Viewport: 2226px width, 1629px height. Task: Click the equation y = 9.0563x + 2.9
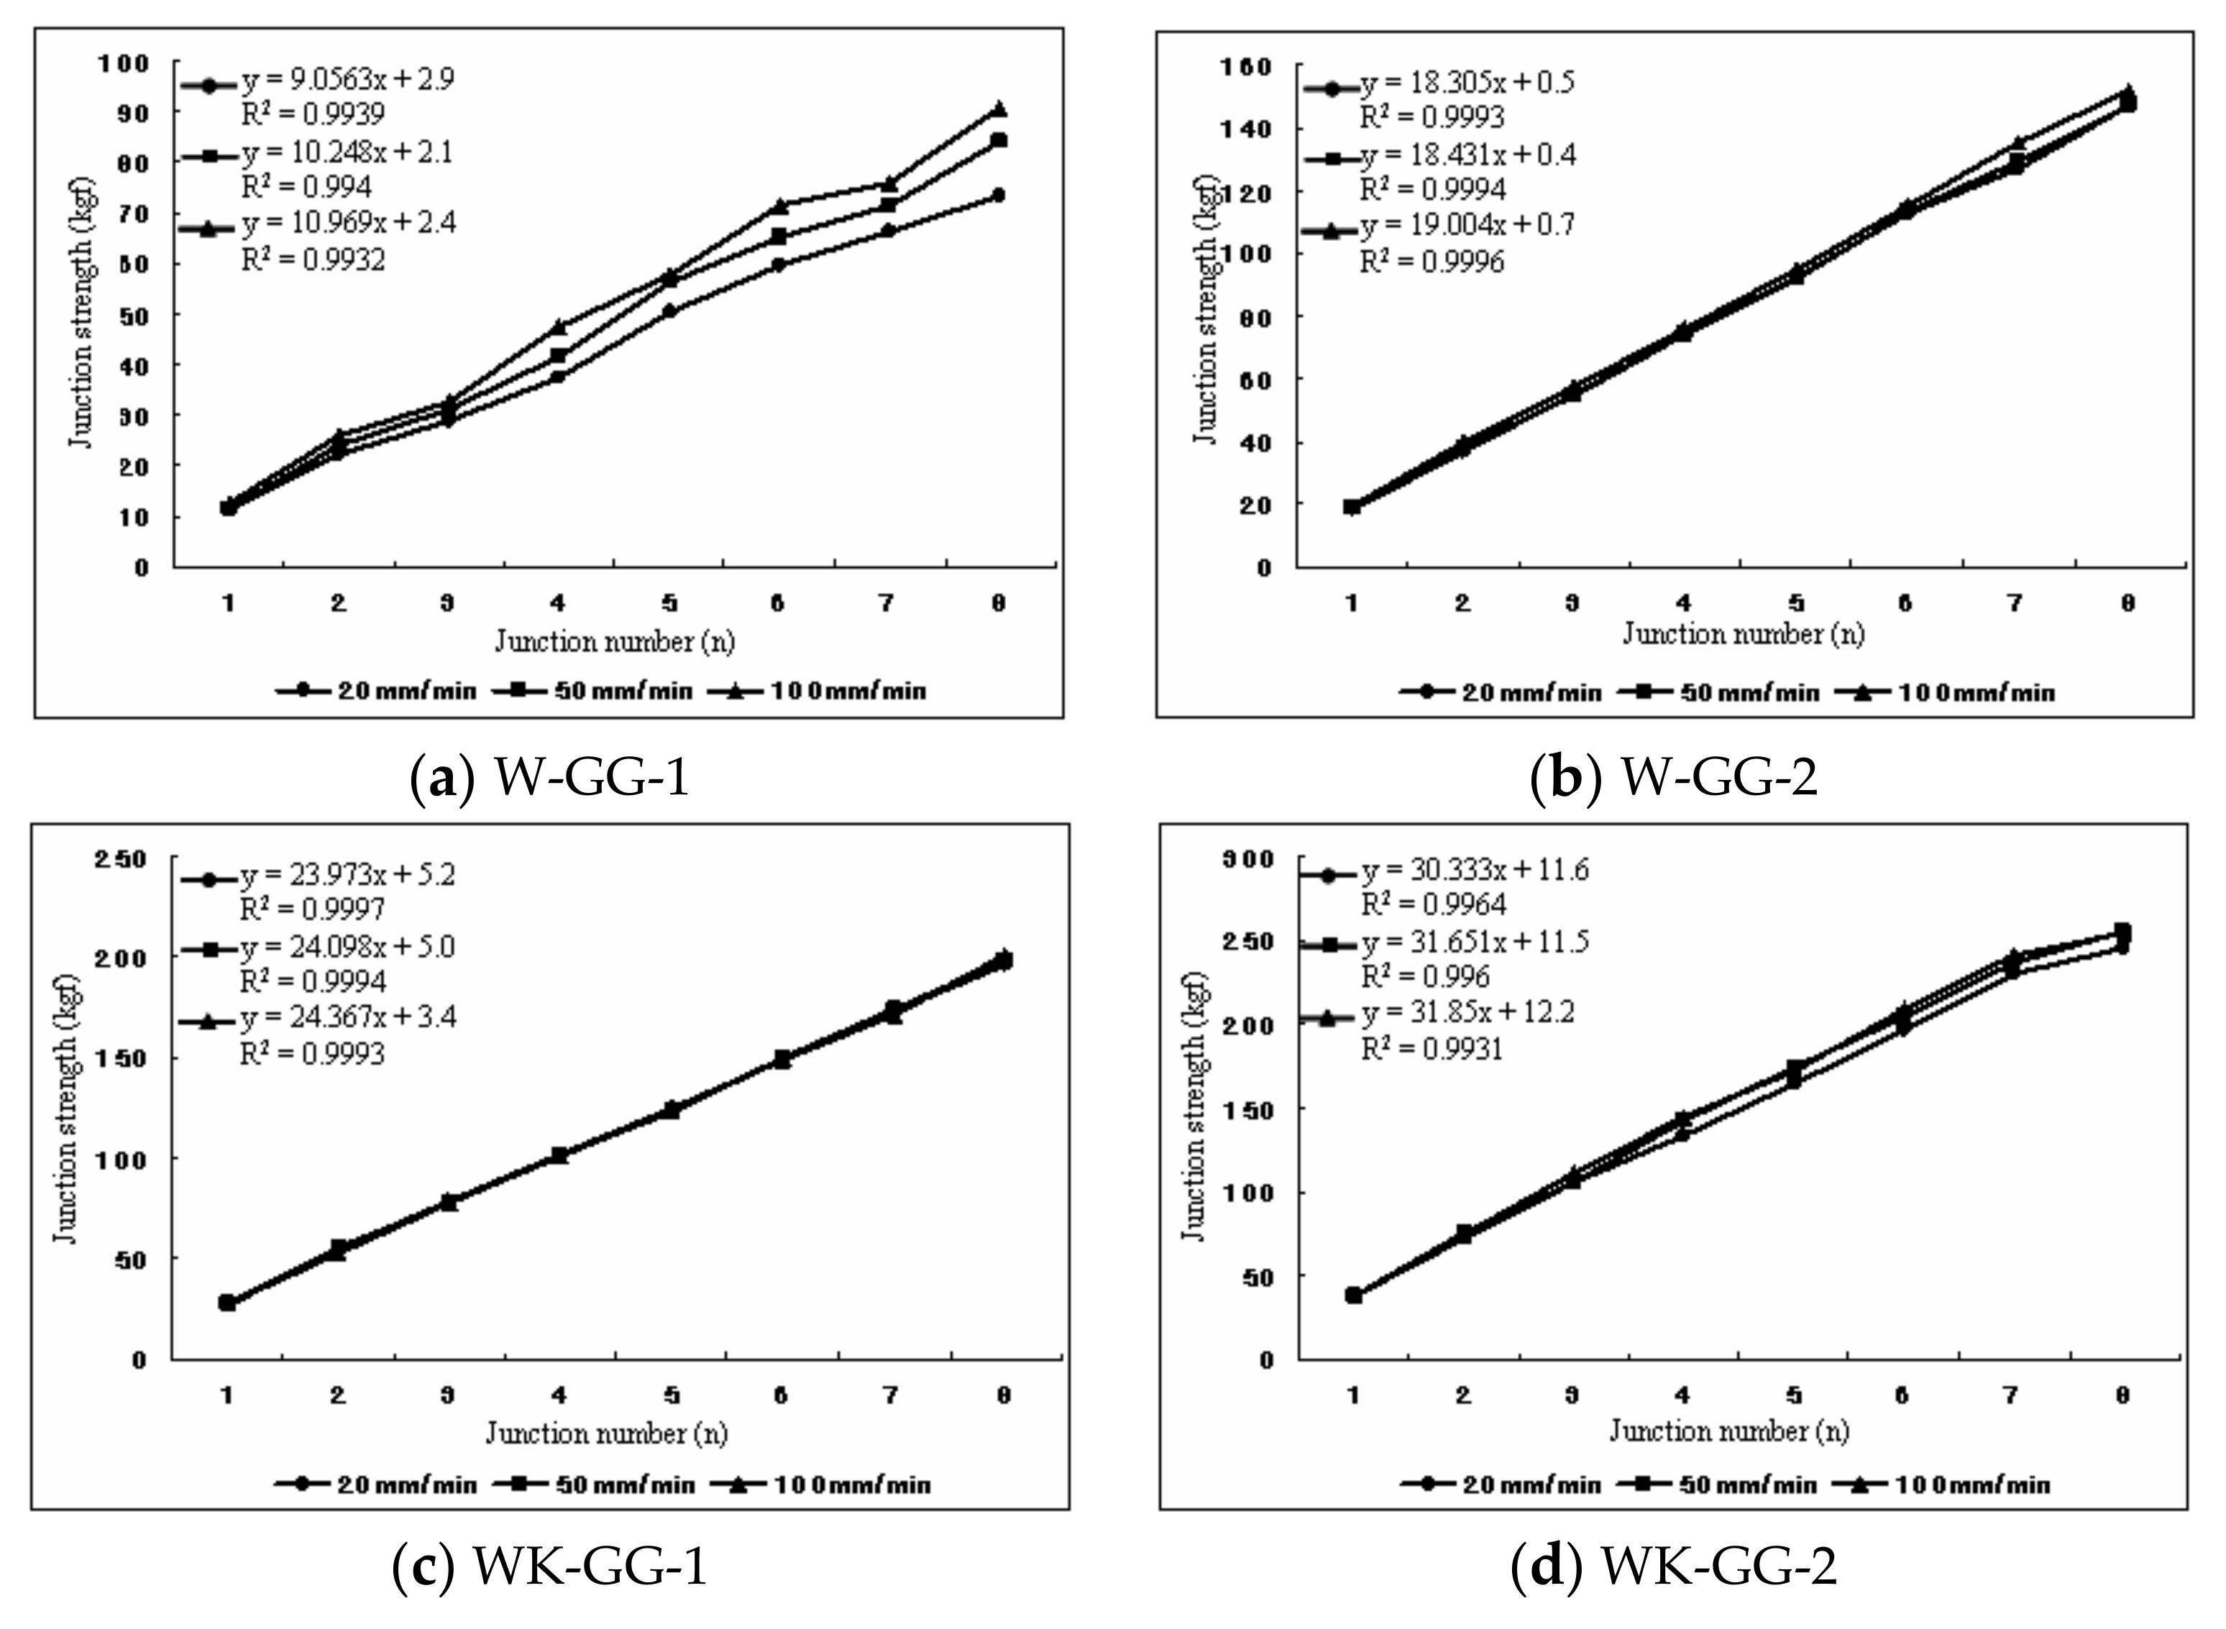click(347, 80)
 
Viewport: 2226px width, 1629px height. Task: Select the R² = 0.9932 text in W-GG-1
click(313, 260)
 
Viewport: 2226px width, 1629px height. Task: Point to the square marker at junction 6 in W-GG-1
click(778, 237)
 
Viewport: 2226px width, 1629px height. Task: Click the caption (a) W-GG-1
click(549, 778)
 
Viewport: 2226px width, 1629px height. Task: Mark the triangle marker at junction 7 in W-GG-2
click(2017, 144)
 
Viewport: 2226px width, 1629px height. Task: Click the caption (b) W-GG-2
click(1674, 778)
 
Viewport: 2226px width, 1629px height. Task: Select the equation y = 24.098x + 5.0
click(347, 947)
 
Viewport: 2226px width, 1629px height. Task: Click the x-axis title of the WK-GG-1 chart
click(605, 1433)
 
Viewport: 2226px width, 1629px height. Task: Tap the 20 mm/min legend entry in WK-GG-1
click(377, 1484)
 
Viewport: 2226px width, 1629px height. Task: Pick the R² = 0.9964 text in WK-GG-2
click(1434, 905)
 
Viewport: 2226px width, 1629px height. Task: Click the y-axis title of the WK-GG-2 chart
click(1194, 1104)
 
